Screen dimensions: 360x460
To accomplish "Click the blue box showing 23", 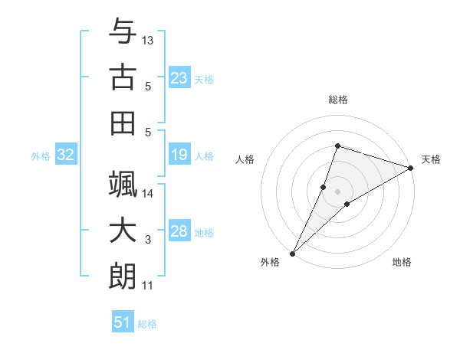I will pos(179,78).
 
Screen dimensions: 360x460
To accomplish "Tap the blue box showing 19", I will pos(179,155).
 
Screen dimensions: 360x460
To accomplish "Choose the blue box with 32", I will pos(66,155).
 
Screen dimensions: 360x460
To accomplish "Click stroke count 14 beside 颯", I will pos(148,194).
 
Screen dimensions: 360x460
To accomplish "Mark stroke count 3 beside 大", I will pos(148,240).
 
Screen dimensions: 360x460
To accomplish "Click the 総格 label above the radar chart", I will pos(337,100).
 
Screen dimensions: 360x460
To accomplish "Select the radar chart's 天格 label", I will pos(431,159).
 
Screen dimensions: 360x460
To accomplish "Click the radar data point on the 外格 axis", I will pos(292,253).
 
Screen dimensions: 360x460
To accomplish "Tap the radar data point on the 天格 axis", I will pos(411,168).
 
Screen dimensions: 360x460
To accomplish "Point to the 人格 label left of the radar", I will pos(245,159).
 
